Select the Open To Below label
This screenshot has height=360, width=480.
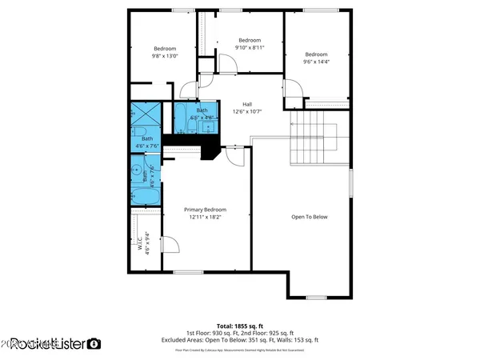(309, 217)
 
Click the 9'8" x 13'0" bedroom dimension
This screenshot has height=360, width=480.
(165, 55)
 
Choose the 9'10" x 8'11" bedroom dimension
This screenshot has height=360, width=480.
(250, 47)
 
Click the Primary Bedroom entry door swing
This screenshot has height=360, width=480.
(236, 156)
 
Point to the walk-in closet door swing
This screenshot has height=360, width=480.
(169, 244)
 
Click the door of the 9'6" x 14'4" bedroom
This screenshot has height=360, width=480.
(293, 95)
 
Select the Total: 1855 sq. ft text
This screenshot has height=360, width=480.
(241, 326)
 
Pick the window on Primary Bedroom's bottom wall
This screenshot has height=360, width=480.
(189, 272)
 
